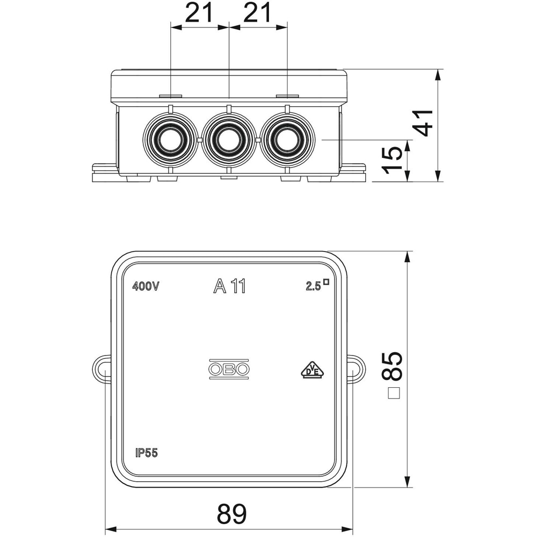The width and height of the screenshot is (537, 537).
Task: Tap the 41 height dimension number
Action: [x=425, y=123]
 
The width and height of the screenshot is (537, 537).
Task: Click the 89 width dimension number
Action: [x=231, y=514]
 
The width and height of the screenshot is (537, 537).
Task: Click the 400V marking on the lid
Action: [x=146, y=287]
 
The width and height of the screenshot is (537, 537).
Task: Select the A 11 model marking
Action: [x=229, y=287]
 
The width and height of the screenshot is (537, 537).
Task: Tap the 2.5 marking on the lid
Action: [x=314, y=286]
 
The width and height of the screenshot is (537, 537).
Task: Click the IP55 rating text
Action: [x=146, y=453]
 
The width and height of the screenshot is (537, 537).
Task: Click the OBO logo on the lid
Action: [x=229, y=369]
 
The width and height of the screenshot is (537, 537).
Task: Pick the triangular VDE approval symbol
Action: [x=311, y=369]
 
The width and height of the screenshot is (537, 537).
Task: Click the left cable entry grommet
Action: [x=170, y=140]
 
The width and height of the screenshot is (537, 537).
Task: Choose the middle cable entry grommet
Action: [x=229, y=140]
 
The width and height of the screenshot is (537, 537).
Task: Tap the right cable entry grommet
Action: [x=287, y=140]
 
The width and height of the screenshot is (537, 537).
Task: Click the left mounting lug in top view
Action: [x=101, y=369]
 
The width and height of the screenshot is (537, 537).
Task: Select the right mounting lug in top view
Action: [x=355, y=369]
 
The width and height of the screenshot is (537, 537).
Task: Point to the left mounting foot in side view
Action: [x=105, y=172]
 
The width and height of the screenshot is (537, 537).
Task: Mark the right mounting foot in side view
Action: [x=353, y=172]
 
